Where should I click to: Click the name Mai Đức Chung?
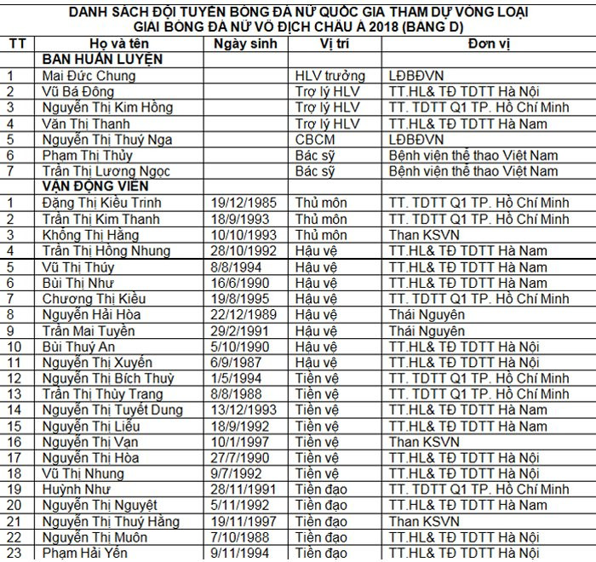[89, 76]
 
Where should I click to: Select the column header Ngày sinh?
[245, 44]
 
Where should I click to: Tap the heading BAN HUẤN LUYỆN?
[102, 60]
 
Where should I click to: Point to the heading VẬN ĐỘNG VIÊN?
[96, 186]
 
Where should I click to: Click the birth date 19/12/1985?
[243, 203]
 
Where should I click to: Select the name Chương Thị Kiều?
[94, 299]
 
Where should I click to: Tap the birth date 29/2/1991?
[240, 330]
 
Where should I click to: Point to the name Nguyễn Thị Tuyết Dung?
[112, 410]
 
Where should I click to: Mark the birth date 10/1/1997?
[240, 442]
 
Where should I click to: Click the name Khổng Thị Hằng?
[89, 235]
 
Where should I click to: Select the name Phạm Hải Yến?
[86, 553]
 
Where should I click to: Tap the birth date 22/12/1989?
[243, 315]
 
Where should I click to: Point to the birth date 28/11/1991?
[243, 490]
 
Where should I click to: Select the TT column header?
[17, 44]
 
